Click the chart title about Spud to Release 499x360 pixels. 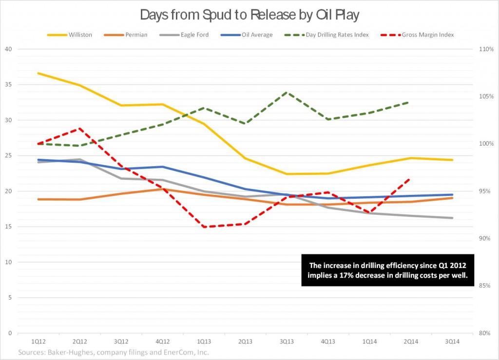249,15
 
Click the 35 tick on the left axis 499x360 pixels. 8,85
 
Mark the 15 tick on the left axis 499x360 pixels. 8,227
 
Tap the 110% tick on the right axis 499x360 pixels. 487,49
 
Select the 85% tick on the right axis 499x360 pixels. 487,285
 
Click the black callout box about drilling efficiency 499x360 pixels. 387,270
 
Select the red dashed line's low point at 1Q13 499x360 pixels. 204,227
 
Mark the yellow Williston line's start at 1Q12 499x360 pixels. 38,73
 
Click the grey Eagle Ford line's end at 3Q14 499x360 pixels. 453,218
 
